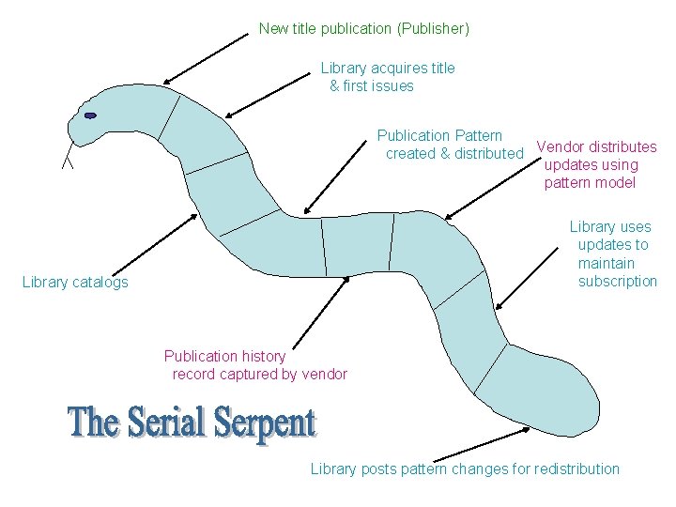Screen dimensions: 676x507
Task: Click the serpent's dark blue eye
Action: [x=90, y=115]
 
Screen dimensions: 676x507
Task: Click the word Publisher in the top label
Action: [x=433, y=29]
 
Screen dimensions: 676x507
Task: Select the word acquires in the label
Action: [x=392, y=68]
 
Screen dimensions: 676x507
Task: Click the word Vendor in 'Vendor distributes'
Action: [x=558, y=146]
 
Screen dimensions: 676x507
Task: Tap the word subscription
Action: [x=618, y=282]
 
